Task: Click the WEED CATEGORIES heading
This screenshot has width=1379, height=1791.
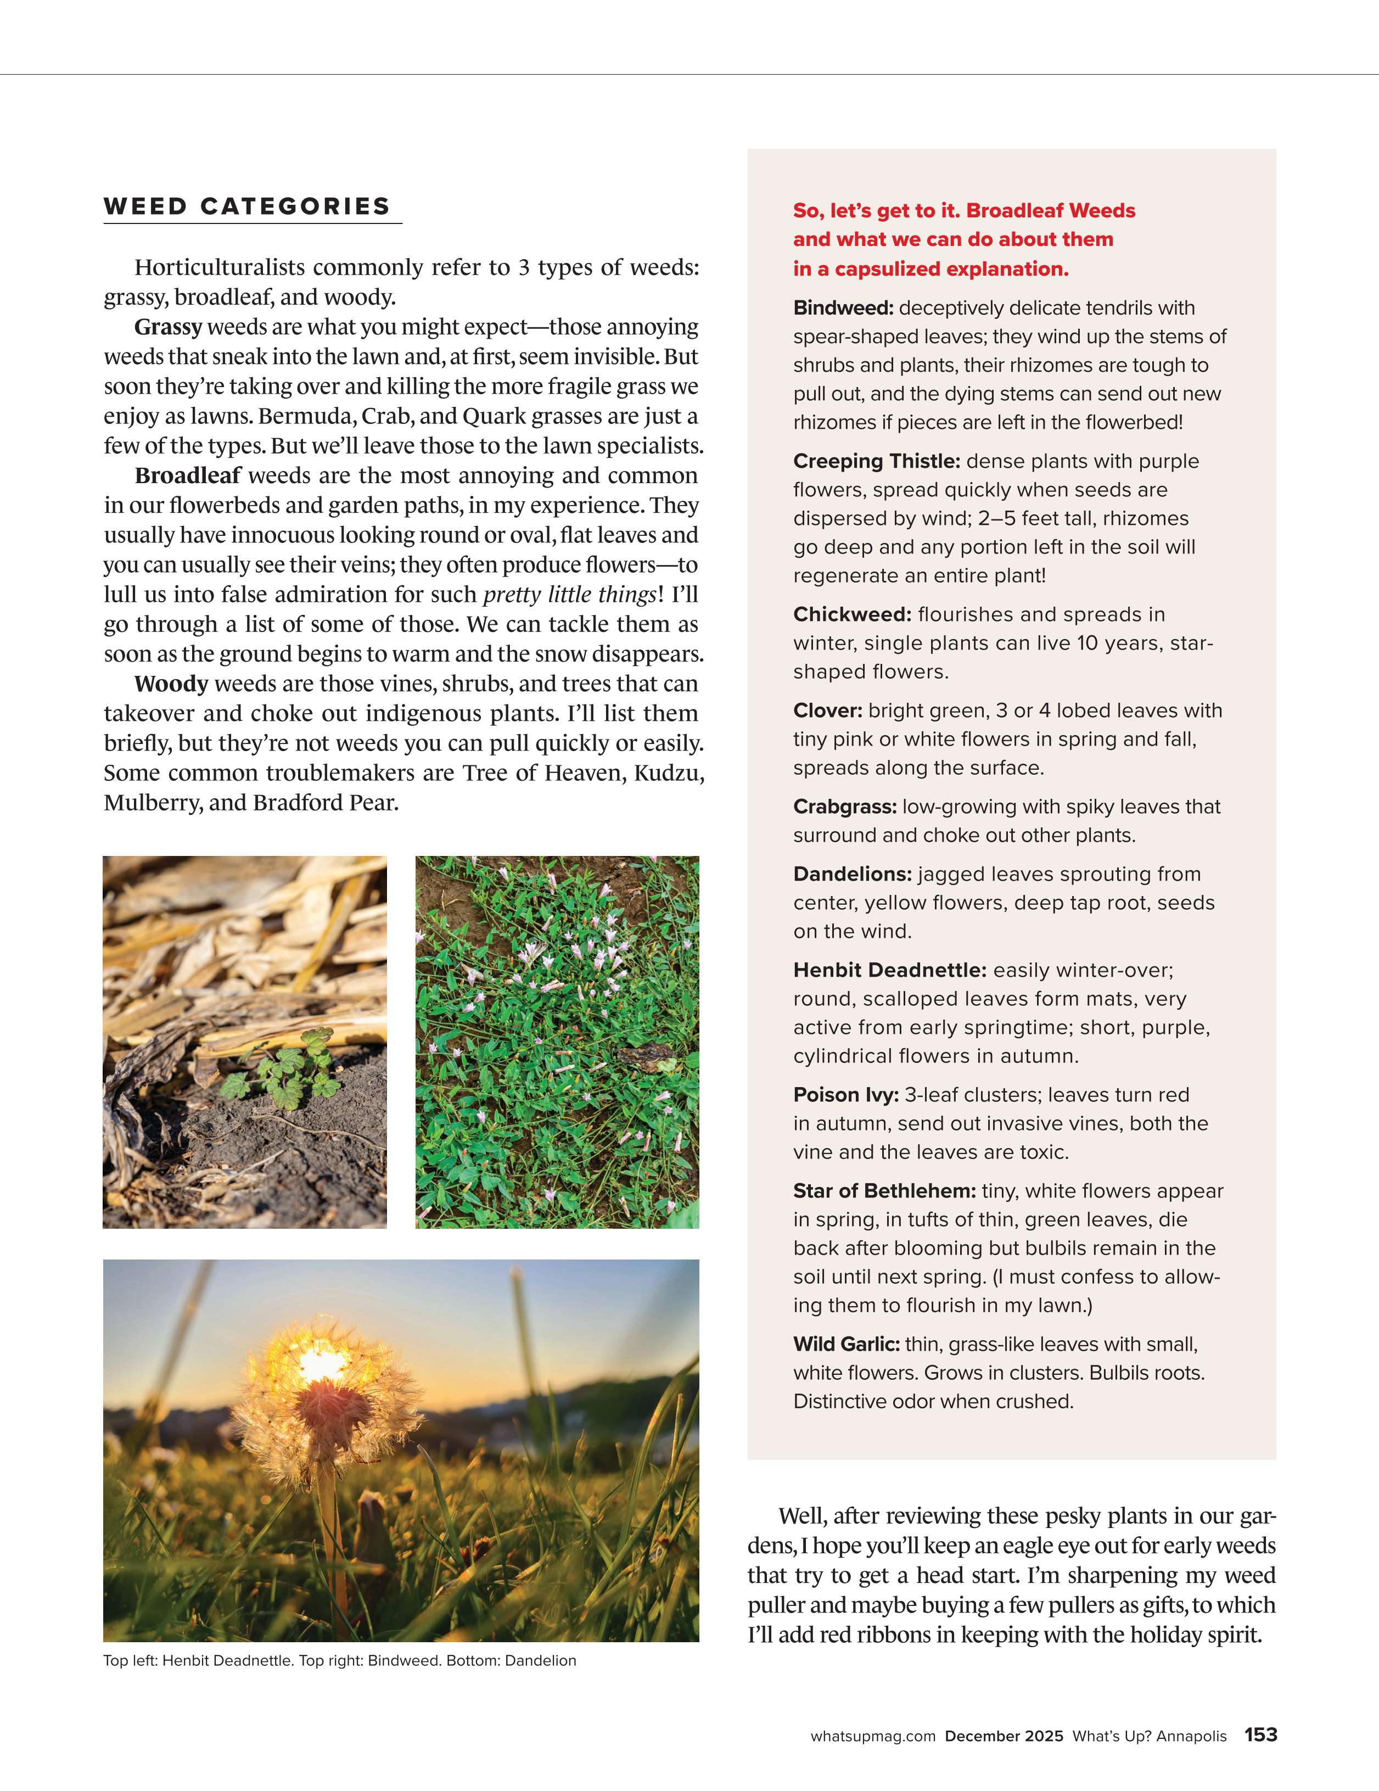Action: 247,206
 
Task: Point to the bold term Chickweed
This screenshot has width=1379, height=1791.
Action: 852,615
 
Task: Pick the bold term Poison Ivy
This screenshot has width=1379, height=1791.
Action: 845,1095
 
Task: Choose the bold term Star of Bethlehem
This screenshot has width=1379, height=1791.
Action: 884,1191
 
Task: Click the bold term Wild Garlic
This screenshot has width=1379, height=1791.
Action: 846,1345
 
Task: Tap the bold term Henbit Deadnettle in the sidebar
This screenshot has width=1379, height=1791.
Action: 889,971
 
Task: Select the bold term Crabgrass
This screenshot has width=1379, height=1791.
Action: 844,807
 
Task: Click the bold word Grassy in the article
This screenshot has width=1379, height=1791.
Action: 168,327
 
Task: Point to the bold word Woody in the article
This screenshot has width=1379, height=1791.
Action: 171,684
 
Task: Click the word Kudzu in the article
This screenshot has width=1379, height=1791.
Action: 668,773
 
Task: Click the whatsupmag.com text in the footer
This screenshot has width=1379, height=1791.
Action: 872,1736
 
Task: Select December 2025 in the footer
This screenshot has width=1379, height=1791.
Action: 1004,1736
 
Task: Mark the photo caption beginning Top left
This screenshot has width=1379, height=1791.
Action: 339,1661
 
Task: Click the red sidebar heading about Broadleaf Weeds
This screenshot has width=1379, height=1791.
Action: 963,239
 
